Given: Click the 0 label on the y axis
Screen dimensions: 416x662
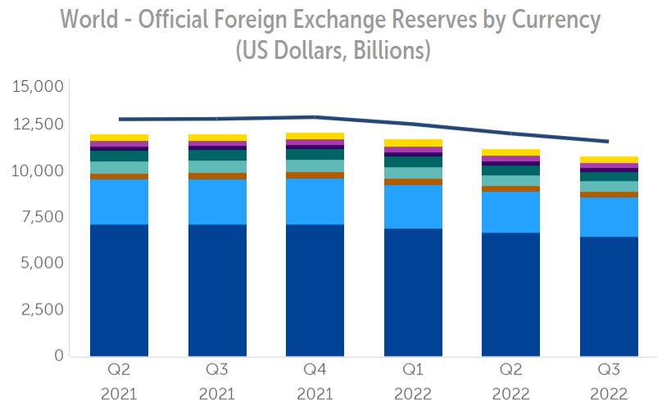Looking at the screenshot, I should point(58,356).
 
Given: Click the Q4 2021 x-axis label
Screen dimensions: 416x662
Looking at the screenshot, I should point(315,382).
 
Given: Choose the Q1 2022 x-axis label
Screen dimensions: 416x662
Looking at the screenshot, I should point(412,382).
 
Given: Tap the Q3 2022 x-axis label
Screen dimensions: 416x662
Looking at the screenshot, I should point(608,382).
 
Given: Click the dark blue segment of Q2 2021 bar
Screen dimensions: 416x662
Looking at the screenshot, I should point(119,290).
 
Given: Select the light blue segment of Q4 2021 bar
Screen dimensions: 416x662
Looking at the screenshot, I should point(315,201).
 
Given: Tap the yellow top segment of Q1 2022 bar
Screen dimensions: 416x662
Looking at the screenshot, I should point(413,143).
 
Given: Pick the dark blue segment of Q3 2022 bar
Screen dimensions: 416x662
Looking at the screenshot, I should point(608,296).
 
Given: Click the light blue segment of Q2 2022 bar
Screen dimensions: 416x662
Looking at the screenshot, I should point(510,212).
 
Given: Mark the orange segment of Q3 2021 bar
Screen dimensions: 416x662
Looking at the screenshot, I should point(217,176).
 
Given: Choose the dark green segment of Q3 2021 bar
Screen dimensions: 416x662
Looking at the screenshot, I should point(217,155).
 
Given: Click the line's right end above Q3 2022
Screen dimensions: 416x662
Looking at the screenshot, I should point(607,142).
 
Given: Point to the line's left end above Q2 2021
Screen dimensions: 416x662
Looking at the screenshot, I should point(120,119).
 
